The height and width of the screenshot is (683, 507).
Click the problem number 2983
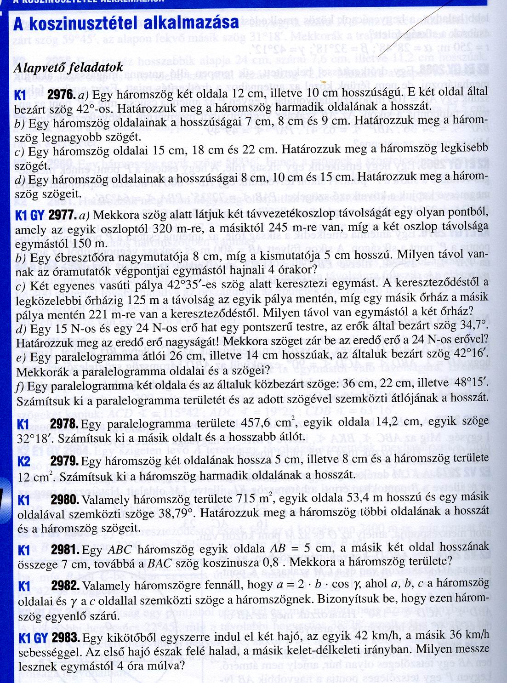coord(65,638)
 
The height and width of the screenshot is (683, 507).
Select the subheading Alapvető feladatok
coord(69,67)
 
